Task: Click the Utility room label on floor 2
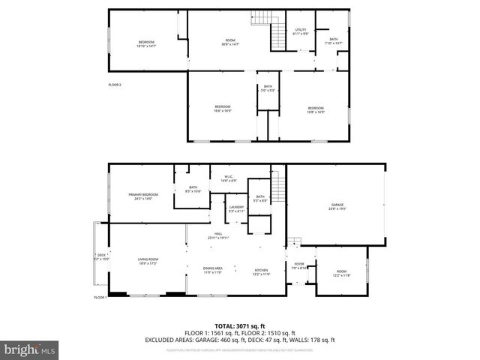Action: (300, 31)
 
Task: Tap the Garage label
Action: (337, 208)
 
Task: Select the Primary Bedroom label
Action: (140, 196)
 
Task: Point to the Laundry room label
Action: (237, 209)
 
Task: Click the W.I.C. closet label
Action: (229, 178)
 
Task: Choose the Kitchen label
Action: (261, 271)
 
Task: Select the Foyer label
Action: (299, 265)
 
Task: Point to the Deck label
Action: (102, 256)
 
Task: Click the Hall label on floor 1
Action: (219, 235)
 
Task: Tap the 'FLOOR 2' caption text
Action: (114, 85)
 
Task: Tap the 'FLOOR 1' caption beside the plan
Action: (100, 298)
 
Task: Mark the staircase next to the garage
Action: (278, 182)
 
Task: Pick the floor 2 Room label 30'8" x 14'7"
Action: (231, 42)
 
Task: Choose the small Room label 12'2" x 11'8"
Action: (341, 274)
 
